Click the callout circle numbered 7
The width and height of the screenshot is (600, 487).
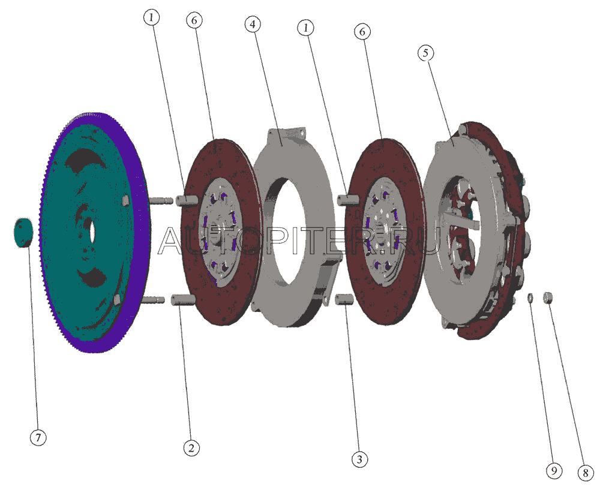pos(38,437)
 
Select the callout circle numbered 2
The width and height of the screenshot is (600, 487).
pos(191,447)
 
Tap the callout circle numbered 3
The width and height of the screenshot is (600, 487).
pos(359,459)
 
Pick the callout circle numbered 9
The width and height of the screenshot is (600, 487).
pos(554,471)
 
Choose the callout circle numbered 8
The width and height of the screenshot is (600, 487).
pos(585,473)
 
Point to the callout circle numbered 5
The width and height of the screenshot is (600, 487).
pos(426,53)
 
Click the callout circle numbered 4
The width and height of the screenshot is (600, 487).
pos(253,24)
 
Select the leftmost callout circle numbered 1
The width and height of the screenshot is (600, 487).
pos(152,17)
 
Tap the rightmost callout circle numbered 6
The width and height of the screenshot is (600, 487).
pos(362,31)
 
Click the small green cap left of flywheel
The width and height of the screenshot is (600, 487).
pos(23,233)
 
